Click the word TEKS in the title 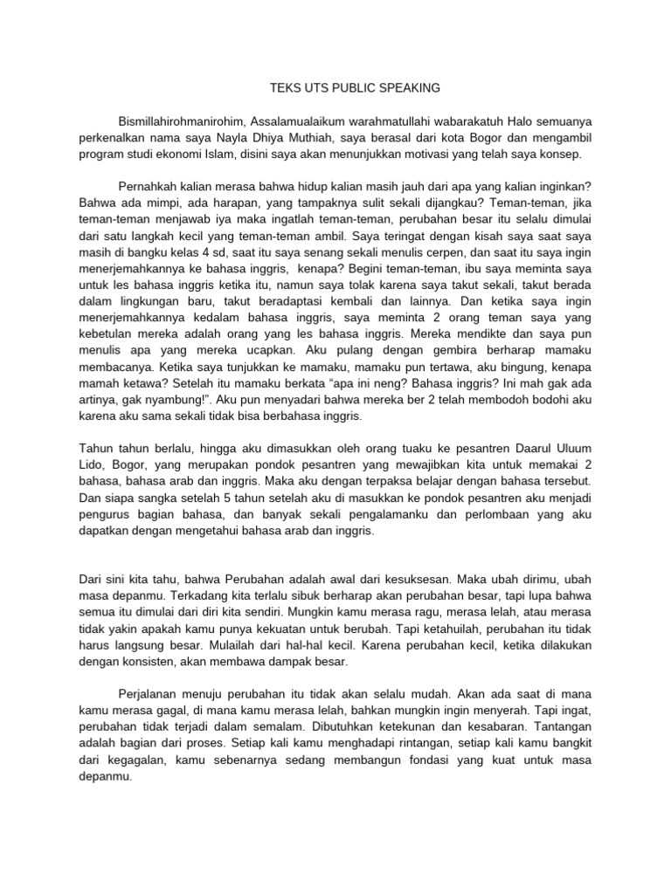(285, 88)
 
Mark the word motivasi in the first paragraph (425, 154)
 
